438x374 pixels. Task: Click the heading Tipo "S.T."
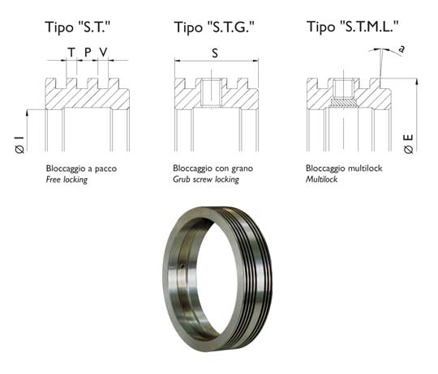click(78, 27)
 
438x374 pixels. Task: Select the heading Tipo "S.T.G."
click(214, 27)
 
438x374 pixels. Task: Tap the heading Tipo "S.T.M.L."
click(353, 27)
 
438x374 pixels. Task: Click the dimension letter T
click(71, 52)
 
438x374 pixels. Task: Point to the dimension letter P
click(88, 52)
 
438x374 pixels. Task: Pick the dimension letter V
click(103, 52)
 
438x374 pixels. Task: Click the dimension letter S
click(215, 53)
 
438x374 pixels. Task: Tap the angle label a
click(401, 49)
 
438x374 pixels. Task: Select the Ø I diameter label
click(19, 145)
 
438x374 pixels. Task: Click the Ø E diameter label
click(408, 144)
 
